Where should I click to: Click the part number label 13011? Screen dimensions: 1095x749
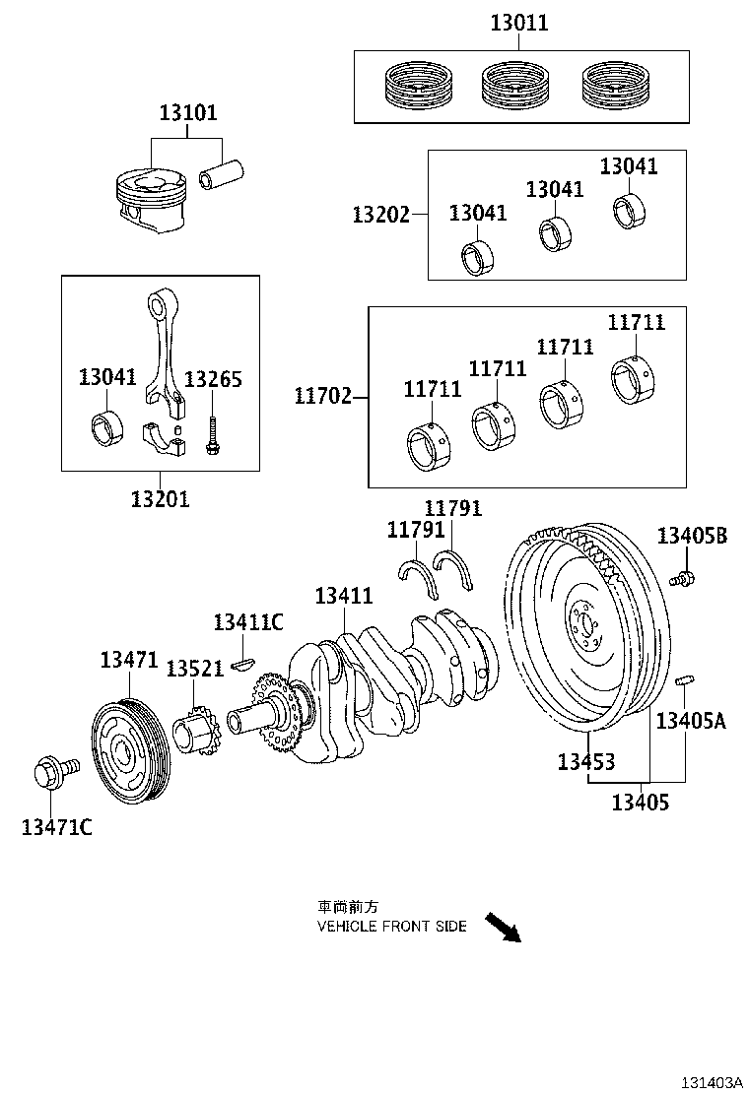click(x=519, y=23)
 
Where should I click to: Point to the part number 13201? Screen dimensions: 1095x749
click(x=160, y=498)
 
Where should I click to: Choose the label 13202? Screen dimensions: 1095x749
click(x=381, y=214)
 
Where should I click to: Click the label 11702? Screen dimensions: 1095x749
click(x=322, y=397)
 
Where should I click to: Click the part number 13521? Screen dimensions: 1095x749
click(x=193, y=669)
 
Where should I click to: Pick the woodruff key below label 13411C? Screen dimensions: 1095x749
click(x=242, y=664)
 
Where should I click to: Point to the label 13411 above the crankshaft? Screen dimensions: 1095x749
click(x=344, y=596)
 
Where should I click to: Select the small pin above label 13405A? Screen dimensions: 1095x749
click(x=685, y=681)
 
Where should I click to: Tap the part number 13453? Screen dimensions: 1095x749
click(x=585, y=760)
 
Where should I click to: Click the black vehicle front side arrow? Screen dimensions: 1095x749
click(x=502, y=926)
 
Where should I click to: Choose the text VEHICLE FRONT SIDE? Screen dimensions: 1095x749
click(x=391, y=927)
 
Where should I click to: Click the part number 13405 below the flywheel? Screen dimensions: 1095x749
click(x=640, y=802)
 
